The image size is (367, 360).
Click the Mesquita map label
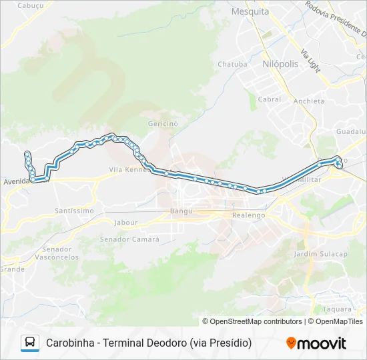coord(250,11)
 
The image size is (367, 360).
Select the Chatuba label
coord(232,65)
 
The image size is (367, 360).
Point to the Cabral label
coord(270,99)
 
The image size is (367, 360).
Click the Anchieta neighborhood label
coord(309,101)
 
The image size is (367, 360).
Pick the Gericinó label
coord(163,124)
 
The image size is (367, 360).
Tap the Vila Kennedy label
coord(127,170)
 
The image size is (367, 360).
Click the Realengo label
coord(248,215)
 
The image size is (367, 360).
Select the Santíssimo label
coord(74,211)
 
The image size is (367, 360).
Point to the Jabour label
coord(126,223)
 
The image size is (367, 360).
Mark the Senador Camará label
coord(129,239)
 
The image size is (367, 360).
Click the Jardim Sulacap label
coord(321,254)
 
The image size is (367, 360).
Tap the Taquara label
coord(337,309)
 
